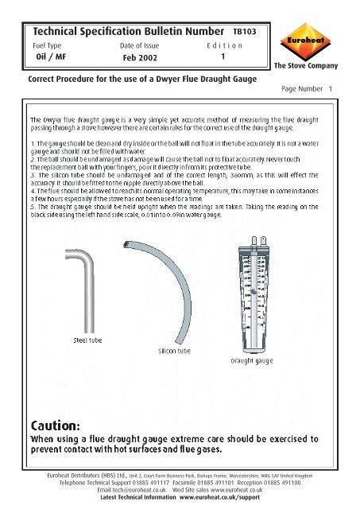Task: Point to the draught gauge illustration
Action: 252,290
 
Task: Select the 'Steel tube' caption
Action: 91,340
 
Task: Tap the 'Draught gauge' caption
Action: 253,360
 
